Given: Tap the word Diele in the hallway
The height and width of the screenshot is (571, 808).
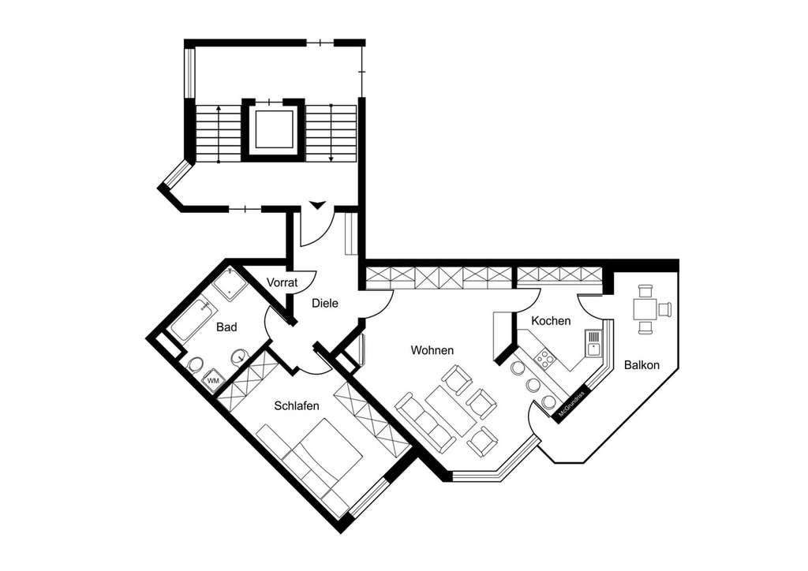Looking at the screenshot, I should point(325,303).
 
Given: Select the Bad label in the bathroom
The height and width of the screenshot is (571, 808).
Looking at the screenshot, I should point(226,327).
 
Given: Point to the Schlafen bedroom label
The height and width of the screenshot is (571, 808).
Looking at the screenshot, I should point(296,406).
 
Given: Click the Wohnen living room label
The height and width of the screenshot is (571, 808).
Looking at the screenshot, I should point(432,350).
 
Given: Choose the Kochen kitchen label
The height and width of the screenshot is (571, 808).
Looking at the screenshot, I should point(551,321).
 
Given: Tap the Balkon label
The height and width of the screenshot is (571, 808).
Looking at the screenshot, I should point(641,365).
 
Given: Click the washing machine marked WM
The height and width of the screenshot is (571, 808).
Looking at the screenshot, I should point(213,381).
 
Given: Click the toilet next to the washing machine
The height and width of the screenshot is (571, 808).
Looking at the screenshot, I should point(194,364).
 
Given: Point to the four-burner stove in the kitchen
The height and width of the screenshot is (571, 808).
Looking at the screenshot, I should point(544,359).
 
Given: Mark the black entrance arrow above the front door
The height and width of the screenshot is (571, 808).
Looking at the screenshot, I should point(317,206).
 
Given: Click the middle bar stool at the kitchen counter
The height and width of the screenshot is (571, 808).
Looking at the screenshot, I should point(533,385).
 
